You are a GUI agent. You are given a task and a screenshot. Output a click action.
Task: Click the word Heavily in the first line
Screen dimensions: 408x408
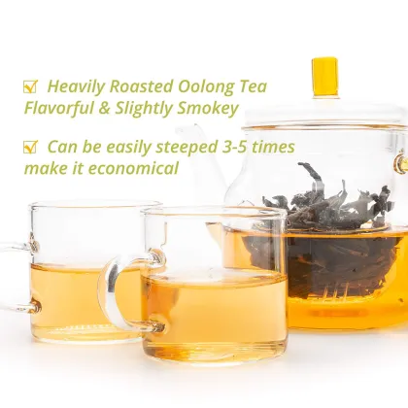[76, 87]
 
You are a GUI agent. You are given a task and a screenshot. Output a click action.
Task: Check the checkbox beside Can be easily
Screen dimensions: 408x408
[30, 148]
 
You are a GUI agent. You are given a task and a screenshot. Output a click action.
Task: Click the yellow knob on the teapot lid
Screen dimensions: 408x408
[324, 76]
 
